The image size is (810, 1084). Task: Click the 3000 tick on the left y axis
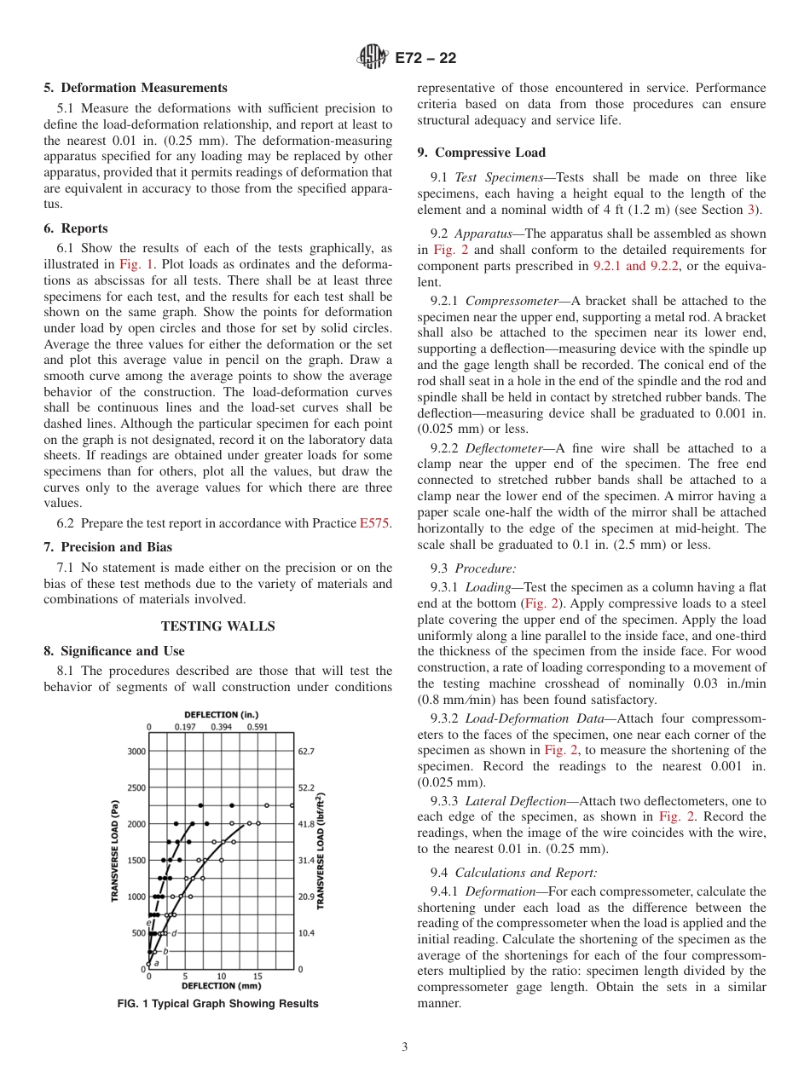(x=136, y=752)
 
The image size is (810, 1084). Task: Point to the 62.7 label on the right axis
(x=307, y=752)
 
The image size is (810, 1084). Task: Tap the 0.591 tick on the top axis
(x=257, y=727)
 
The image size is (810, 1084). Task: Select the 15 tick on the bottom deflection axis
(x=257, y=977)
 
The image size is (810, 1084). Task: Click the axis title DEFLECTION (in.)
(x=221, y=715)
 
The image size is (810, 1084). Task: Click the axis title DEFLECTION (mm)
(x=221, y=986)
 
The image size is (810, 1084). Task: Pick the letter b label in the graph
(x=165, y=950)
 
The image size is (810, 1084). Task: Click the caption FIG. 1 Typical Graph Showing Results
(x=217, y=1004)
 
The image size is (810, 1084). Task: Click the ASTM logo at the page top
(x=373, y=58)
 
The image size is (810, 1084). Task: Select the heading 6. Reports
(x=76, y=228)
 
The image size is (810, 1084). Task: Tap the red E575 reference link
(x=375, y=523)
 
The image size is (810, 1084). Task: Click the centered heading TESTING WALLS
(x=217, y=626)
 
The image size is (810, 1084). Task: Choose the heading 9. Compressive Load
(x=481, y=153)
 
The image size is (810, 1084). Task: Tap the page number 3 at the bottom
(x=404, y=1047)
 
